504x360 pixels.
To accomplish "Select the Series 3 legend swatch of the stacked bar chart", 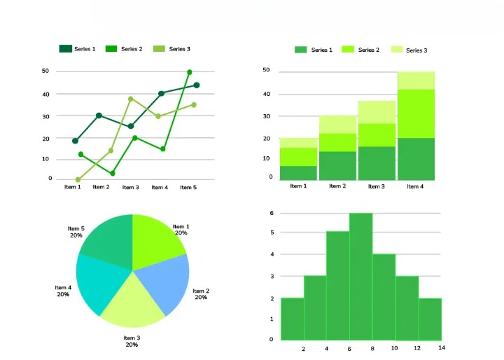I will [x=396, y=50].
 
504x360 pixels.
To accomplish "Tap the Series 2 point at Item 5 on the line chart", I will [x=189, y=72].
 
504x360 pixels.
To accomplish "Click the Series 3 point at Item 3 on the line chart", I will [x=130, y=99].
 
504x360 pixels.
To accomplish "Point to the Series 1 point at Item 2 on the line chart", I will [x=99, y=116].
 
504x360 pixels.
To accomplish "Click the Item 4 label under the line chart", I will [x=160, y=187].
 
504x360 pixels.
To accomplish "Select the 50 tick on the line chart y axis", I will [x=45, y=71].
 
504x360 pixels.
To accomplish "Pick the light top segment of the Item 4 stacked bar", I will [x=416, y=81].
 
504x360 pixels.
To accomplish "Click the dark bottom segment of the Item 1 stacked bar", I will [x=298, y=172].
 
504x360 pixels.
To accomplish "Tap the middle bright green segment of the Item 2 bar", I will [x=337, y=142].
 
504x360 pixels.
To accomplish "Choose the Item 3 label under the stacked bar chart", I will [x=376, y=186].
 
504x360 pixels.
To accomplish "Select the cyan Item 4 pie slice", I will [x=98, y=284].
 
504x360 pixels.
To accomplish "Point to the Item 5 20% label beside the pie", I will [x=76, y=232].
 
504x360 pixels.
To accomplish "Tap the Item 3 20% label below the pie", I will [x=132, y=341].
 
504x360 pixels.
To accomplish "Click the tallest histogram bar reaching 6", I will [x=360, y=277].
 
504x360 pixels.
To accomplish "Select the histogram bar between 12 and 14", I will [x=430, y=319].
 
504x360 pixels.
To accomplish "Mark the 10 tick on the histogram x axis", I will [x=395, y=348].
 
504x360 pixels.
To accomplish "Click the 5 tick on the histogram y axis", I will [x=272, y=232].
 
